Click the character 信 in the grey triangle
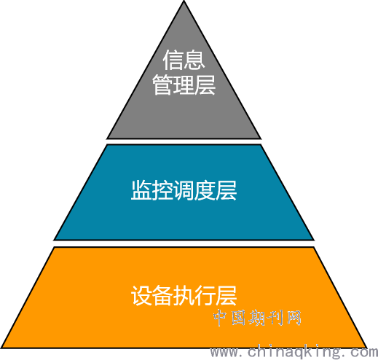[x=173, y=60]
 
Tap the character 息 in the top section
[x=194, y=60]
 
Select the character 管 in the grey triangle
[x=162, y=85]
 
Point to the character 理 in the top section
[x=184, y=85]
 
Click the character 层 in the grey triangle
[x=205, y=85]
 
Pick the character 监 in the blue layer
[x=141, y=190]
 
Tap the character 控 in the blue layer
[x=162, y=190]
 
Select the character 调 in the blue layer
[x=184, y=190]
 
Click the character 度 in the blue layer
[x=205, y=190]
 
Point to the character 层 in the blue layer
[x=227, y=190]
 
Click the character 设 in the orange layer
[x=141, y=295]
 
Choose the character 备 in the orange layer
[x=162, y=295]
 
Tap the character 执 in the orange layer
[x=184, y=295]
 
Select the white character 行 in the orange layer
[x=205, y=295]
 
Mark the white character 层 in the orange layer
[x=227, y=295]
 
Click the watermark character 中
[x=221, y=318]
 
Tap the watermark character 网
[x=294, y=318]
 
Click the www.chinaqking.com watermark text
[x=294, y=352]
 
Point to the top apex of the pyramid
[x=184, y=1]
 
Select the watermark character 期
[x=257, y=318]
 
